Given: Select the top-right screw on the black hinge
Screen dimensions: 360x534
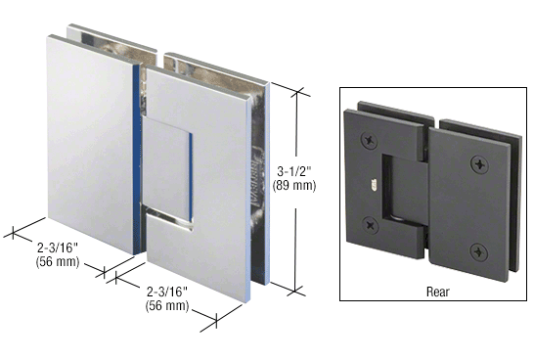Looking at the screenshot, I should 476,161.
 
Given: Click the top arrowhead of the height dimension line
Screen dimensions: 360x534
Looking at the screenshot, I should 293,88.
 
